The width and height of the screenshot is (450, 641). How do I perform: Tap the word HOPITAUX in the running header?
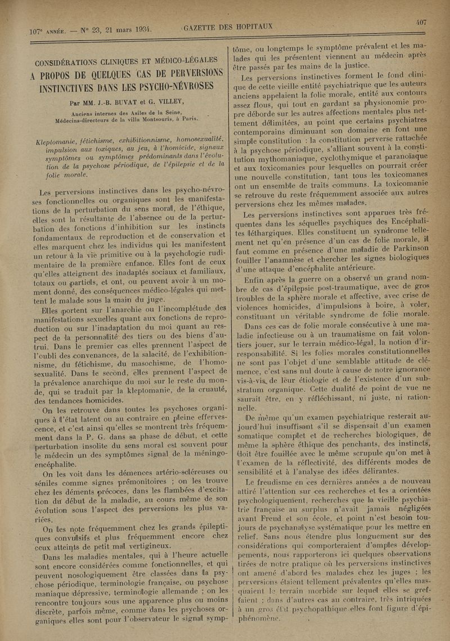[254, 26]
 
